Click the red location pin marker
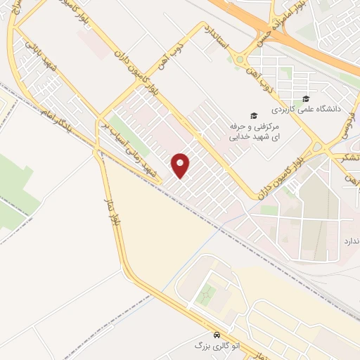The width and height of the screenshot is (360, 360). [181, 165]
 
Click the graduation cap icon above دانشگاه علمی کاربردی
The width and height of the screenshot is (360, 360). [306, 98]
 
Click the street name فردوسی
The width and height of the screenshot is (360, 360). [349, 126]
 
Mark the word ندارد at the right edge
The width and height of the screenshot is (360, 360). [350, 241]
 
